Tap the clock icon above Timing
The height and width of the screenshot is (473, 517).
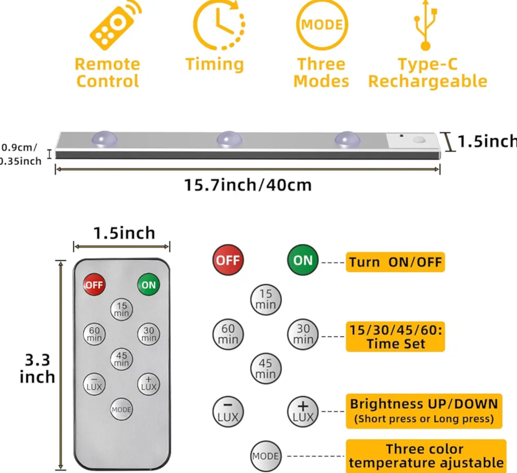click(x=219, y=25)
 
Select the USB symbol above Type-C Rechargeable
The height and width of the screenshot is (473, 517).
click(x=425, y=26)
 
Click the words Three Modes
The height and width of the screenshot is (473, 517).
click(x=321, y=73)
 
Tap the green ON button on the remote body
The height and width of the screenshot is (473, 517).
click(x=148, y=285)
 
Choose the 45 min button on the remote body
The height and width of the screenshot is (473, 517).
click(x=121, y=359)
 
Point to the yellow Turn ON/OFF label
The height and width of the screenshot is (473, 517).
click(x=395, y=262)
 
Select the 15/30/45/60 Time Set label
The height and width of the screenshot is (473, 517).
click(x=395, y=336)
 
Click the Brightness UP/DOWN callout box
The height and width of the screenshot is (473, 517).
click(x=424, y=411)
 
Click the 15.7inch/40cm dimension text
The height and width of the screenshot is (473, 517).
click(x=248, y=185)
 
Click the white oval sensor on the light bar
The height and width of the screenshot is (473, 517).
click(x=419, y=140)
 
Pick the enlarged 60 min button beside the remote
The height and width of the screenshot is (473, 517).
click(x=228, y=334)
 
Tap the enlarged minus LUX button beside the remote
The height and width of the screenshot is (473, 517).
click(x=228, y=411)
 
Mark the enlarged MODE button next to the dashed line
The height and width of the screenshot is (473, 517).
click(x=266, y=456)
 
